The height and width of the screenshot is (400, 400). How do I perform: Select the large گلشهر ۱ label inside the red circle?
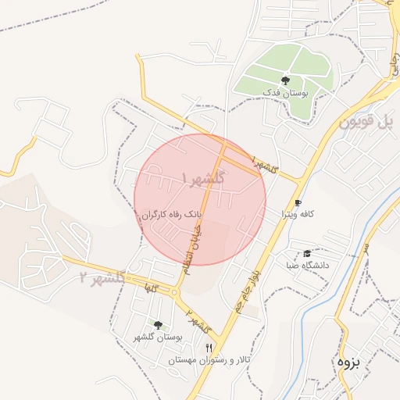203,179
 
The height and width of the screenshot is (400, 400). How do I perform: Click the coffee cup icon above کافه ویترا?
298,203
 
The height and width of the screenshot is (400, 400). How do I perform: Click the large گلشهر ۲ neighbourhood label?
102,278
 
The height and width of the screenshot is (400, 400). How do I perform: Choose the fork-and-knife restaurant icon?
208,347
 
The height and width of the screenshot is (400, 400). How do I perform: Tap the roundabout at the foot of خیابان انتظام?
175,294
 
